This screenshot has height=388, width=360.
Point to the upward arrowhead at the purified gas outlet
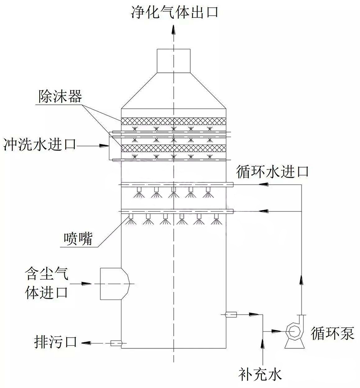pos(173,30)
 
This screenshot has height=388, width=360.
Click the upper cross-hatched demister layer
pos(173,122)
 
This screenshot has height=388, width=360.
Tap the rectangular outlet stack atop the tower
pos(173,60)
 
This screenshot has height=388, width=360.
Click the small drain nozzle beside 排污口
pos(117,343)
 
